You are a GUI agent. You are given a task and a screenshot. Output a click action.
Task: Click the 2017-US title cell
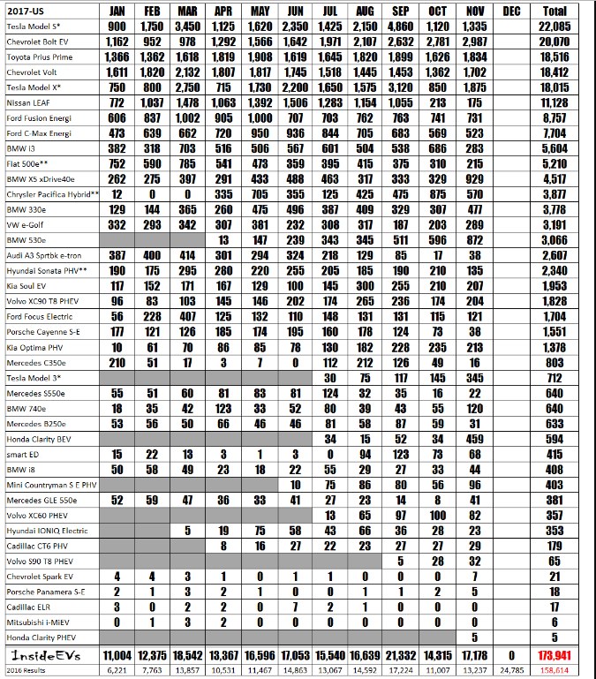(x=26, y=11)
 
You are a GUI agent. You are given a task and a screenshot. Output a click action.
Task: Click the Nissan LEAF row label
(x=29, y=102)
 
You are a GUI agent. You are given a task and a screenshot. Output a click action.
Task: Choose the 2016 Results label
(x=26, y=671)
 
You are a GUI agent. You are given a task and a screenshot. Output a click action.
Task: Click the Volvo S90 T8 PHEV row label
(x=39, y=561)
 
